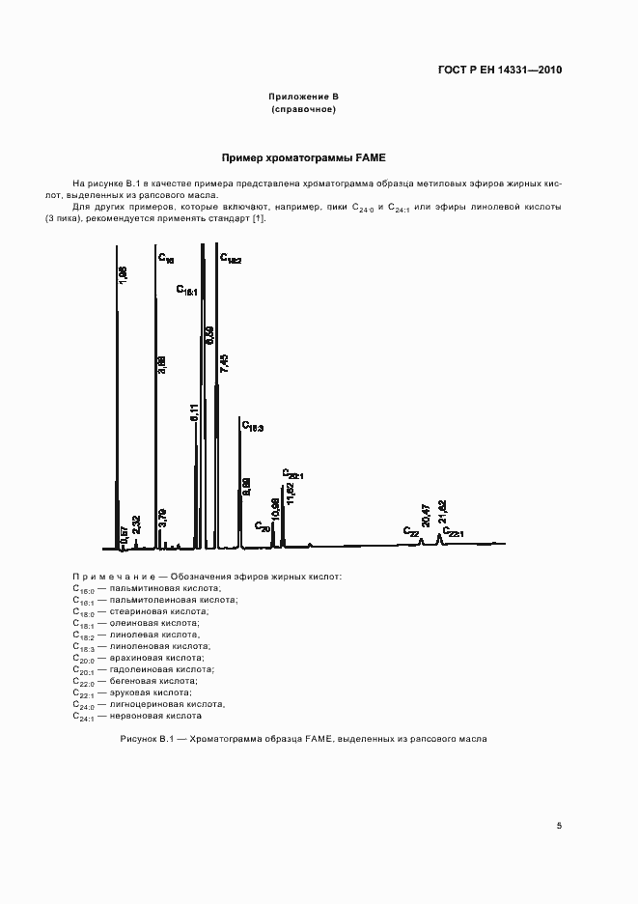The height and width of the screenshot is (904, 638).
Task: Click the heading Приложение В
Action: coord(303,98)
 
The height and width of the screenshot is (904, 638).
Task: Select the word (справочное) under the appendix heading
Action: coord(303,110)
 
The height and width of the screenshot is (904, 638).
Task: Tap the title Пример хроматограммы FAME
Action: coord(303,157)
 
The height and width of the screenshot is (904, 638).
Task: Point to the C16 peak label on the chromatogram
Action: coord(166,259)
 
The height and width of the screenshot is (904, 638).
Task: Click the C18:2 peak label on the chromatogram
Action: coord(231,259)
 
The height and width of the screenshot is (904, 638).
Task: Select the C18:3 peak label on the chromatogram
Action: coord(253,426)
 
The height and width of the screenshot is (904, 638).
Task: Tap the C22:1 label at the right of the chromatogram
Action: coord(454,533)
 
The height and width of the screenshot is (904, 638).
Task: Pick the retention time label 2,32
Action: coord(136,525)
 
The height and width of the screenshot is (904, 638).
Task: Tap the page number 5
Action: coord(559,825)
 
